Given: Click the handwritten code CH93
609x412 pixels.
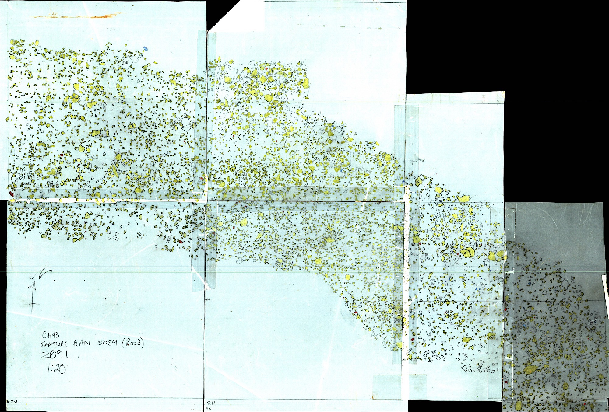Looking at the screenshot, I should click(51, 335).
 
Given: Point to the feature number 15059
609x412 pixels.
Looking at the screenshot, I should click(107, 343).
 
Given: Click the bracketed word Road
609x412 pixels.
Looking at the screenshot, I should click(133, 343).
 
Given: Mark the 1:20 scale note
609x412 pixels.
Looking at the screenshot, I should click(56, 369).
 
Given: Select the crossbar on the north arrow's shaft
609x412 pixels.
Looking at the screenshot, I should click(33, 304).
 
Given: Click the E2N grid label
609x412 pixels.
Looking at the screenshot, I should click(12, 402).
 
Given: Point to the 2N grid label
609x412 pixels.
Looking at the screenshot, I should click(211, 403).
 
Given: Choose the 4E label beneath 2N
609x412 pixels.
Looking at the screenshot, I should click(209, 408).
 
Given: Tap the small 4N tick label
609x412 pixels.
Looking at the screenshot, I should click(208, 300).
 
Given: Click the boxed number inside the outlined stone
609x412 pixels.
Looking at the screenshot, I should click(125, 62).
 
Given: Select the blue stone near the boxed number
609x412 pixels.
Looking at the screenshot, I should click(145, 48).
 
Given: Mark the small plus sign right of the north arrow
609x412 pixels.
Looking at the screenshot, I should click(106, 299).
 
